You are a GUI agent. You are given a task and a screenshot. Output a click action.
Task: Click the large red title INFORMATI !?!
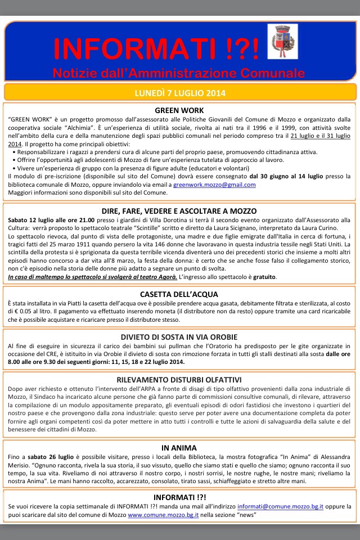click(x=157, y=49)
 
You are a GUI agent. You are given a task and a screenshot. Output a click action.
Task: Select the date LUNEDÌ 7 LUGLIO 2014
click(x=179, y=92)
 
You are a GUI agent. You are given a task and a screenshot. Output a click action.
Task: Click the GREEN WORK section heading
click(x=179, y=110)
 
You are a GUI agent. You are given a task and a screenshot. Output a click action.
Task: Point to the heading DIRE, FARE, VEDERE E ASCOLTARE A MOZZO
click(x=179, y=211)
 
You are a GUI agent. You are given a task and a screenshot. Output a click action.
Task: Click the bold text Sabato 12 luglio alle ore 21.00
click(x=48, y=220)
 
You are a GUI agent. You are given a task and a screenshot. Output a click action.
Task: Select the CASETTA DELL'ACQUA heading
click(x=179, y=294)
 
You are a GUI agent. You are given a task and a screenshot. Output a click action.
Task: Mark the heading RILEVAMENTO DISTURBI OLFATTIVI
click(x=179, y=380)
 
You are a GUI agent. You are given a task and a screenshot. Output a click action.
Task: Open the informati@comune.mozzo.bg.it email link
click(x=280, y=507)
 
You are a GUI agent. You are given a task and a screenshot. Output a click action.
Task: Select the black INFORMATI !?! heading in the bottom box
click(x=179, y=497)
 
